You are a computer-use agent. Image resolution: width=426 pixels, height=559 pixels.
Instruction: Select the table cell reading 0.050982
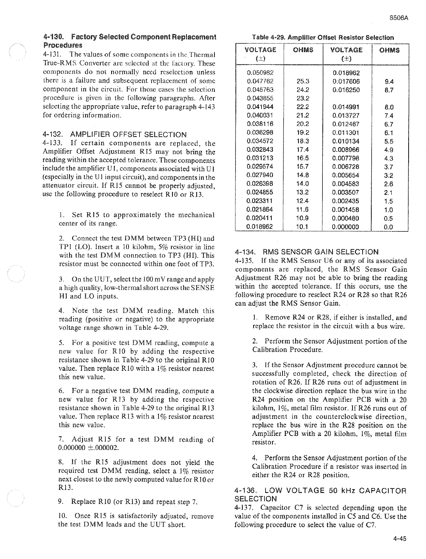click(260, 72)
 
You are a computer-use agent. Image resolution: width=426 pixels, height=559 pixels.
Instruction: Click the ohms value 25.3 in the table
click(302, 81)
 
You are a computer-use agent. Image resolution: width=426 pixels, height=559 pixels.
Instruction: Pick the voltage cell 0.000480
click(346, 218)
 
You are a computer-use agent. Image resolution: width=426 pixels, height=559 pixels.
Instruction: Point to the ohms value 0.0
click(388, 227)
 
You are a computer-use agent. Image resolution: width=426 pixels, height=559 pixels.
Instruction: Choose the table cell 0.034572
click(260, 141)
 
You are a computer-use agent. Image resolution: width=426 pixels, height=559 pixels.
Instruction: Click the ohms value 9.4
click(389, 82)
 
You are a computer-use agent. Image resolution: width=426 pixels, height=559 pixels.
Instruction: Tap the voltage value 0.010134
click(346, 141)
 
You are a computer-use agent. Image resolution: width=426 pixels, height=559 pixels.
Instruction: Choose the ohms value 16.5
click(302, 158)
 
